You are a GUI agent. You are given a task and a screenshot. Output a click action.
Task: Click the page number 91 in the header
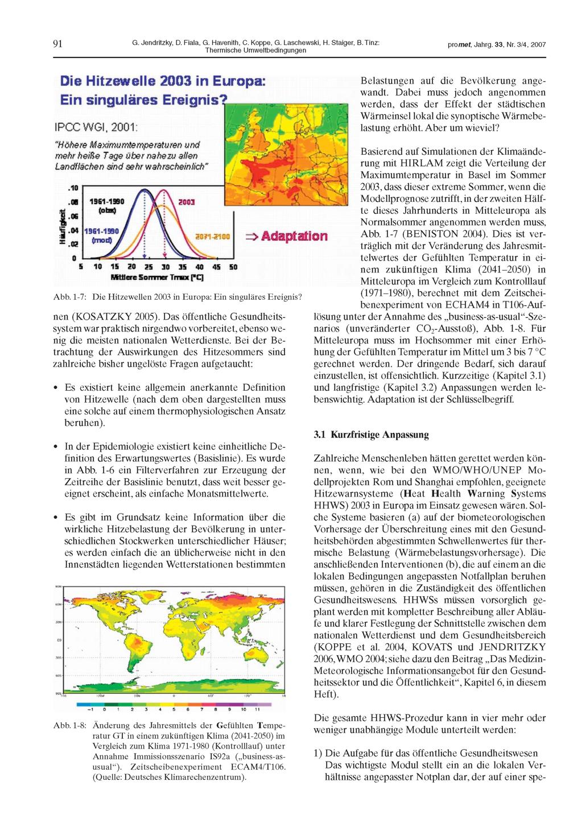click(x=57, y=44)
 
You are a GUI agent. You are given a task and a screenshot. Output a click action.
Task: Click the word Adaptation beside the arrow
click(x=294, y=236)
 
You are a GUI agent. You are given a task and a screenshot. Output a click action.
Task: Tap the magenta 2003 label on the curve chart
click(x=187, y=201)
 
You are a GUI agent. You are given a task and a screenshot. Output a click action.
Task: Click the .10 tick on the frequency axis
click(x=72, y=188)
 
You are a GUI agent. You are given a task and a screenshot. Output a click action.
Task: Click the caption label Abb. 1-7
click(x=69, y=297)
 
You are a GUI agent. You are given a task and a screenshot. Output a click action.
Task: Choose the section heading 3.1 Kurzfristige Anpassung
click(x=371, y=435)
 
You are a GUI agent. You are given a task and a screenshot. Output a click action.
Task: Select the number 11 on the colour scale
click(x=257, y=710)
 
